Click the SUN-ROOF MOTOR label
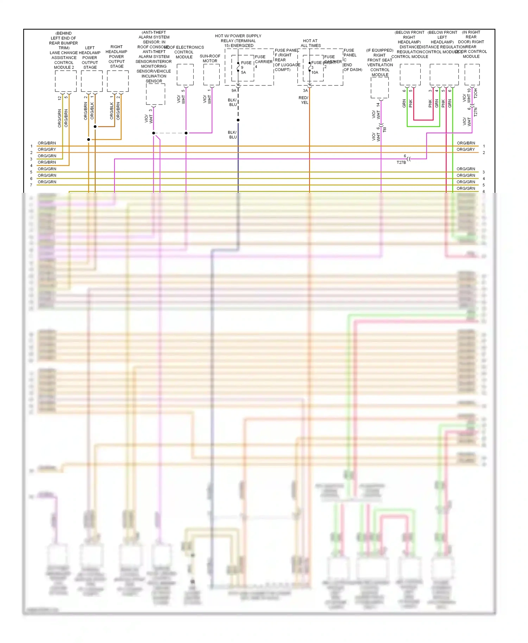coord(210,58)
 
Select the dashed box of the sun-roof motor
coord(211,75)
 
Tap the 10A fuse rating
coord(315,72)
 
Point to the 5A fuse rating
coord(244,72)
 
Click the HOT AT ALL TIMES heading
coord(310,43)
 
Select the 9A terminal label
coord(234,91)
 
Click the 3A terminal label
coord(305,91)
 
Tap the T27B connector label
coord(401,163)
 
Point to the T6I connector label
coord(384,129)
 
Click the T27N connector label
coord(475,112)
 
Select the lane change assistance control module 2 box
coord(66,81)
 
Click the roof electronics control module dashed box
coord(185,75)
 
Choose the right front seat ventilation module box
coord(379,88)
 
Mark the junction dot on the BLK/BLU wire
coord(238,120)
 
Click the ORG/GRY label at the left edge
coord(47,149)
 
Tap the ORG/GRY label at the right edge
coord(466,149)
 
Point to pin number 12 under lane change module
coord(59,98)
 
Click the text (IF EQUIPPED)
coord(379,50)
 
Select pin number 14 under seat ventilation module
coord(378,104)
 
